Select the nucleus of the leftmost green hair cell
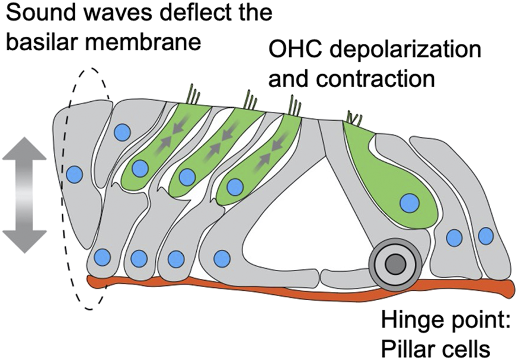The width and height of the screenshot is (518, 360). pyautogui.click(x=140, y=169)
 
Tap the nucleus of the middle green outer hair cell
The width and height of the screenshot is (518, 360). pyautogui.click(x=187, y=177)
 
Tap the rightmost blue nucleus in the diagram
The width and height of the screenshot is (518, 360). pyautogui.click(x=485, y=236)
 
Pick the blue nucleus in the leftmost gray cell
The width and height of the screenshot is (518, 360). pyautogui.click(x=74, y=175)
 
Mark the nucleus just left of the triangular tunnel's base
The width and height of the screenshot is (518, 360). pyautogui.click(x=222, y=258)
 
